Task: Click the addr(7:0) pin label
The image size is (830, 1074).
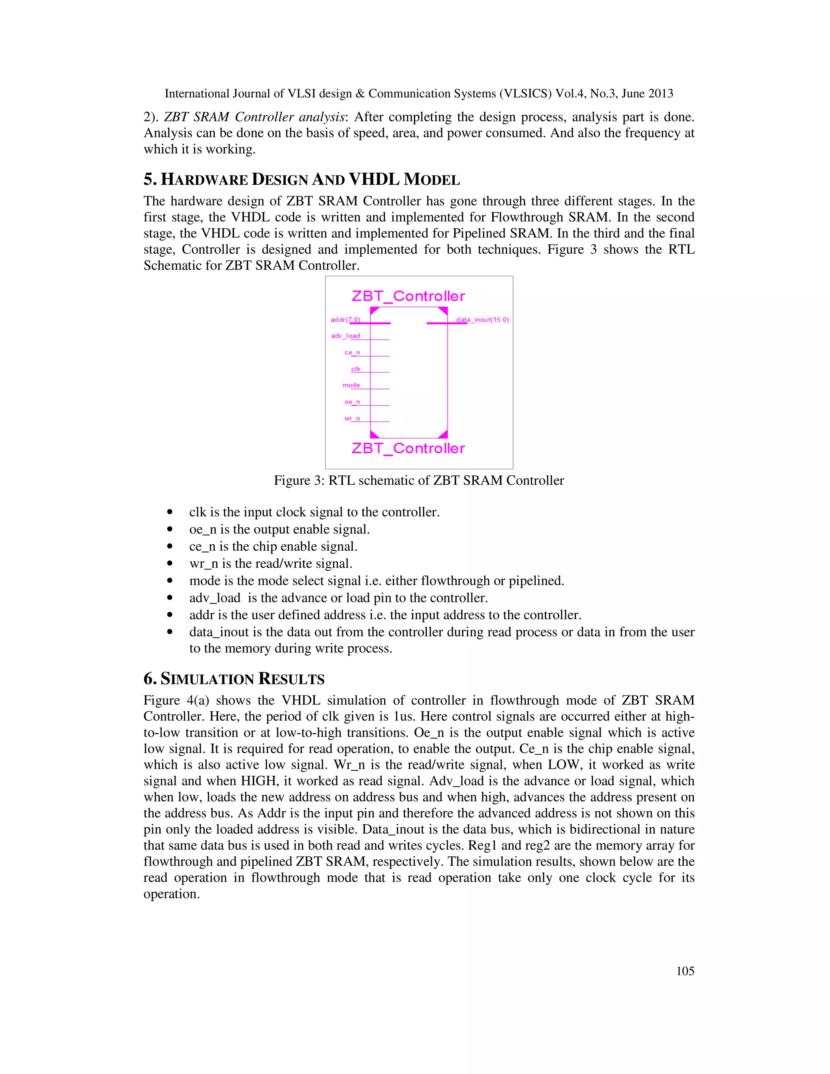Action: tap(345, 320)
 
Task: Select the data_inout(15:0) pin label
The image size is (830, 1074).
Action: tap(482, 320)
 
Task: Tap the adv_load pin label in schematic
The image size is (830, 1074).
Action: tap(345, 336)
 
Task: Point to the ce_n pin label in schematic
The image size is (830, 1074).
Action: tap(352, 353)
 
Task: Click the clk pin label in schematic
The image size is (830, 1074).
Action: tap(355, 369)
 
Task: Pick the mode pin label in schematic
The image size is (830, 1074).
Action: tap(351, 385)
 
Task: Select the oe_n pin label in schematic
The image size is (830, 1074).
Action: tap(352, 402)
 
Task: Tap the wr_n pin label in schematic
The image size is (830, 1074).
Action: tap(352, 419)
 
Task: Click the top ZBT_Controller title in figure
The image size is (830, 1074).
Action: tap(408, 296)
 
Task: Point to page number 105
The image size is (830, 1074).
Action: tap(685, 971)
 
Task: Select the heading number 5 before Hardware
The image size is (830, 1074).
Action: tap(149, 180)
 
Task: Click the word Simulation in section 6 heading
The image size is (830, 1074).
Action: tap(207, 679)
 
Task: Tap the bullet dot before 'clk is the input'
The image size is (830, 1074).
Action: tap(170, 512)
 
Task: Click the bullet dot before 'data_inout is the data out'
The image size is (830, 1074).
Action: tap(170, 632)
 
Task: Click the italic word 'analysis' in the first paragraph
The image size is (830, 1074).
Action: tap(323, 117)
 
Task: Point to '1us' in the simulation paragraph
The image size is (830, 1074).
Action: tap(404, 717)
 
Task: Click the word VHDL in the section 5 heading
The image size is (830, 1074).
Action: tap(374, 180)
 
